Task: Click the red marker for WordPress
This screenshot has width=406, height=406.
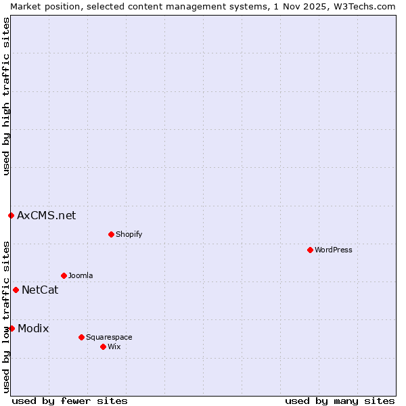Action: point(310,250)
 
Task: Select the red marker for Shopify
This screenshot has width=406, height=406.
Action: point(111,234)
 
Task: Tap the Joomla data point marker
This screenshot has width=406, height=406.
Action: point(64,275)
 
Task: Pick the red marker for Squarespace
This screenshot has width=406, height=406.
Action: point(81,337)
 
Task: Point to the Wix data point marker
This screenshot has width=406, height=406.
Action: point(103,346)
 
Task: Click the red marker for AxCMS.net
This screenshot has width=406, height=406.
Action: point(11,215)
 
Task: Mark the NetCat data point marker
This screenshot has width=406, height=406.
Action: point(16,290)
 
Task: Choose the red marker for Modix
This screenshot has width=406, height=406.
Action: point(12,328)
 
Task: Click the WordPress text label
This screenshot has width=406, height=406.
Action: point(334,250)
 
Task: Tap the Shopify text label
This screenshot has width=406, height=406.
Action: point(129,234)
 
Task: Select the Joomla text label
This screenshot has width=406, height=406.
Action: point(81,275)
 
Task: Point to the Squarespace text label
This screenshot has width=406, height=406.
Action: point(109,337)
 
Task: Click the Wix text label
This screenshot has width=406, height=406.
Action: point(114,346)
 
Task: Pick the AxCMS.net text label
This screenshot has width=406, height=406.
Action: point(46,216)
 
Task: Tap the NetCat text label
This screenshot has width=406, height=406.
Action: point(40,290)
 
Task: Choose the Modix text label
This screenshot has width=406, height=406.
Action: point(33,329)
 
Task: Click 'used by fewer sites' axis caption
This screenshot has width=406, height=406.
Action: point(70,401)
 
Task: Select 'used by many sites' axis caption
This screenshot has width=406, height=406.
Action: point(340,401)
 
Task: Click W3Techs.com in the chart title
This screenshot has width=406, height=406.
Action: point(366,6)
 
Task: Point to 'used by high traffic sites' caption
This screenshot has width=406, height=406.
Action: point(6,96)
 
